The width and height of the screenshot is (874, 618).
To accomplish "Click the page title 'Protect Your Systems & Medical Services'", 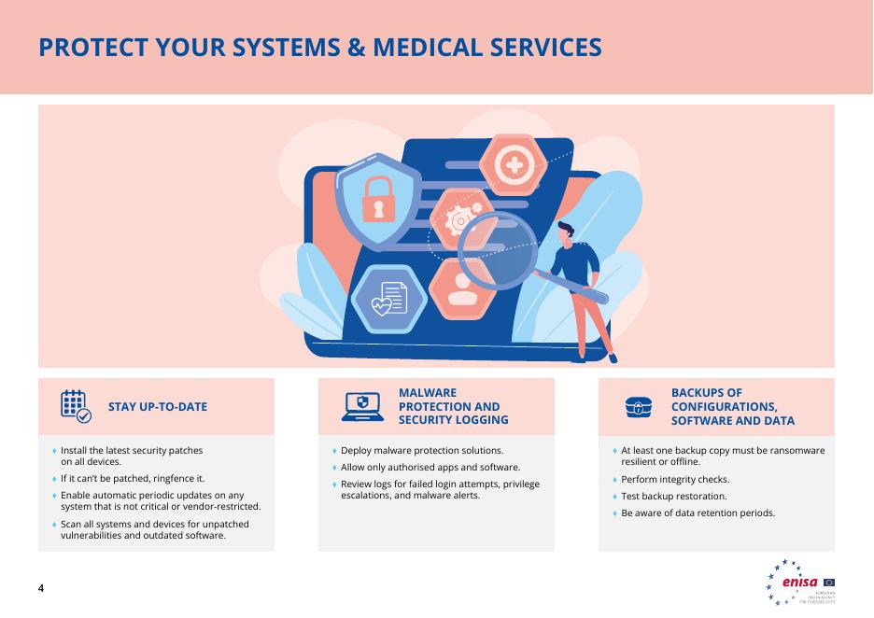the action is [319, 48].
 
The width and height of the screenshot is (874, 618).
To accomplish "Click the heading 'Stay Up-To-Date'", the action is [158, 407].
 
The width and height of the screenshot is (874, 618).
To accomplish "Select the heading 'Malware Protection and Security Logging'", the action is [453, 407].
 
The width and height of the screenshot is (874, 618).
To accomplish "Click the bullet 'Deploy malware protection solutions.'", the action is [422, 451].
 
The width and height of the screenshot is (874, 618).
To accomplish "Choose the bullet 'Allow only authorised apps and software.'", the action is [430, 467].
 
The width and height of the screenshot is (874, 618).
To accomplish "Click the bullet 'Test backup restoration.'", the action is [673, 497].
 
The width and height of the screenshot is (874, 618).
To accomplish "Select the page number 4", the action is [41, 589].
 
